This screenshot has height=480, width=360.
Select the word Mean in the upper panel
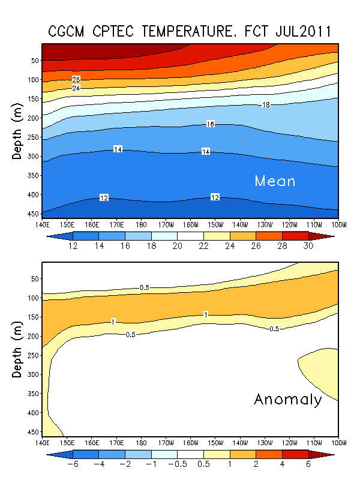point(275,181)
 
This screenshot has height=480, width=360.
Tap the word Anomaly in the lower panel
point(287,400)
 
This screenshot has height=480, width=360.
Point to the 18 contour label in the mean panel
point(266,105)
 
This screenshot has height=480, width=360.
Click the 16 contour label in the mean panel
point(210,124)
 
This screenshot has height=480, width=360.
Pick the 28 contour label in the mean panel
point(76,80)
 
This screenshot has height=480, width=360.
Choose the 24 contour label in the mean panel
point(76,88)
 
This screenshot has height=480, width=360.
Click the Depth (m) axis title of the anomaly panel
point(17,349)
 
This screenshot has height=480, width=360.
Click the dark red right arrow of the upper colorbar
point(328,236)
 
